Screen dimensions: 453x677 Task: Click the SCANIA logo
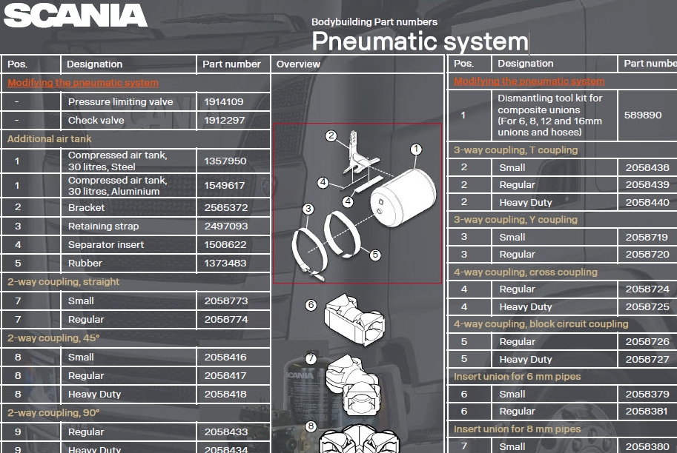(x=75, y=16)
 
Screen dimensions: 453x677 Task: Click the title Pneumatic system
(x=419, y=41)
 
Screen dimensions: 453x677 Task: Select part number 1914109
(x=224, y=102)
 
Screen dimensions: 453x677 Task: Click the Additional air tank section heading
(x=50, y=139)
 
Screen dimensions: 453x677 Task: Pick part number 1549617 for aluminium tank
(x=225, y=186)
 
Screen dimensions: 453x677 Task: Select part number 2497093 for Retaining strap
(x=226, y=226)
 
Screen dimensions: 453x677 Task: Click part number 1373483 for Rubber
(x=226, y=264)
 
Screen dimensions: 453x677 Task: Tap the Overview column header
(x=298, y=64)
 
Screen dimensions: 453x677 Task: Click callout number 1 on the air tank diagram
(x=416, y=150)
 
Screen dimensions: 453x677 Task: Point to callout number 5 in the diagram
(x=375, y=255)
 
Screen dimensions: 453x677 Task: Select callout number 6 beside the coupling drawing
(x=311, y=305)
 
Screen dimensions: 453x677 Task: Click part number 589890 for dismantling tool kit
(x=643, y=115)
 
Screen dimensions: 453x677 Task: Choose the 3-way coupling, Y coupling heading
(x=515, y=220)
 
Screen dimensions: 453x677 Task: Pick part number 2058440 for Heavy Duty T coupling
(x=647, y=203)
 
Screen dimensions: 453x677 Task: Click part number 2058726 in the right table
(x=647, y=342)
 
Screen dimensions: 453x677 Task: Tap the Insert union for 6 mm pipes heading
(x=518, y=377)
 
